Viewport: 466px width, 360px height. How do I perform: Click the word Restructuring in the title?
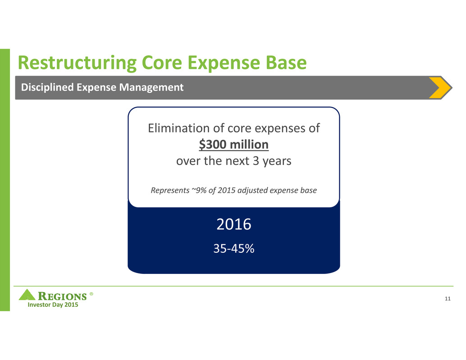tap(77, 63)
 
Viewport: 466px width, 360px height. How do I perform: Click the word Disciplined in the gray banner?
tap(47, 87)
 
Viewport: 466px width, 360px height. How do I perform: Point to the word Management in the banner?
tap(151, 87)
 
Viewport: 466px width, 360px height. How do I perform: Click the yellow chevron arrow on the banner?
tap(440, 87)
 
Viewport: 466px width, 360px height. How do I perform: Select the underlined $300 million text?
tap(233, 145)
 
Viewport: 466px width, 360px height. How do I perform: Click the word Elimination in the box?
tap(179, 128)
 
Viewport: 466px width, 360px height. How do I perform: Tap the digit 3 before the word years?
tap(256, 161)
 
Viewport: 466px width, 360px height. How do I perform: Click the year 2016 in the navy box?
tap(233, 224)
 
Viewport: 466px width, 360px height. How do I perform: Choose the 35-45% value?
tap(233, 248)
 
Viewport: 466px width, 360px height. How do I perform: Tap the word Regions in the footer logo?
tap(62, 296)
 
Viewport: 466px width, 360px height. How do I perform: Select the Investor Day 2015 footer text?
tap(53, 305)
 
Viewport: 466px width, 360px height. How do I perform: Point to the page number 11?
tap(448, 299)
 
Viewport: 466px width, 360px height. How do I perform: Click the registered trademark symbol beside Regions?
tap(91, 294)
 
